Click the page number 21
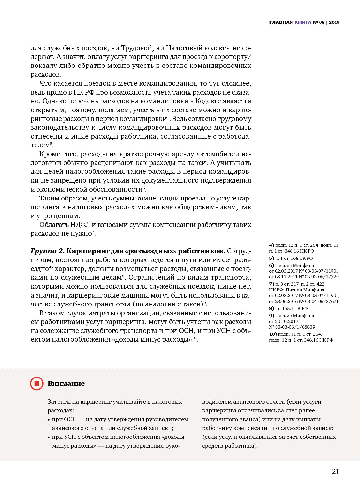pyautogui.click(x=336, y=472)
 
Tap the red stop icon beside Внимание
pyautogui.click(x=37, y=383)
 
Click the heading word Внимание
pyautogui.click(x=66, y=384)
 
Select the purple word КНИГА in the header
pyautogui.click(x=303, y=22)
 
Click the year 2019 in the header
pyautogui.click(x=334, y=22)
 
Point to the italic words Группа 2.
pyautogui.click(x=48, y=251)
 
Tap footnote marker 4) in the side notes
pyautogui.click(x=272, y=245)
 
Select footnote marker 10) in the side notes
pyautogui.click(x=273, y=334)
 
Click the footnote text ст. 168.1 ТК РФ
pyautogui.click(x=292, y=308)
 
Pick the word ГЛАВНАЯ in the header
pyautogui.click(x=281, y=22)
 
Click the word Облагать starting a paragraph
pyautogui.click(x=54, y=225)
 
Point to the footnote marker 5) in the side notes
pyautogui.click(x=271, y=258)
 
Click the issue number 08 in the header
pyautogui.click(x=322, y=22)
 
